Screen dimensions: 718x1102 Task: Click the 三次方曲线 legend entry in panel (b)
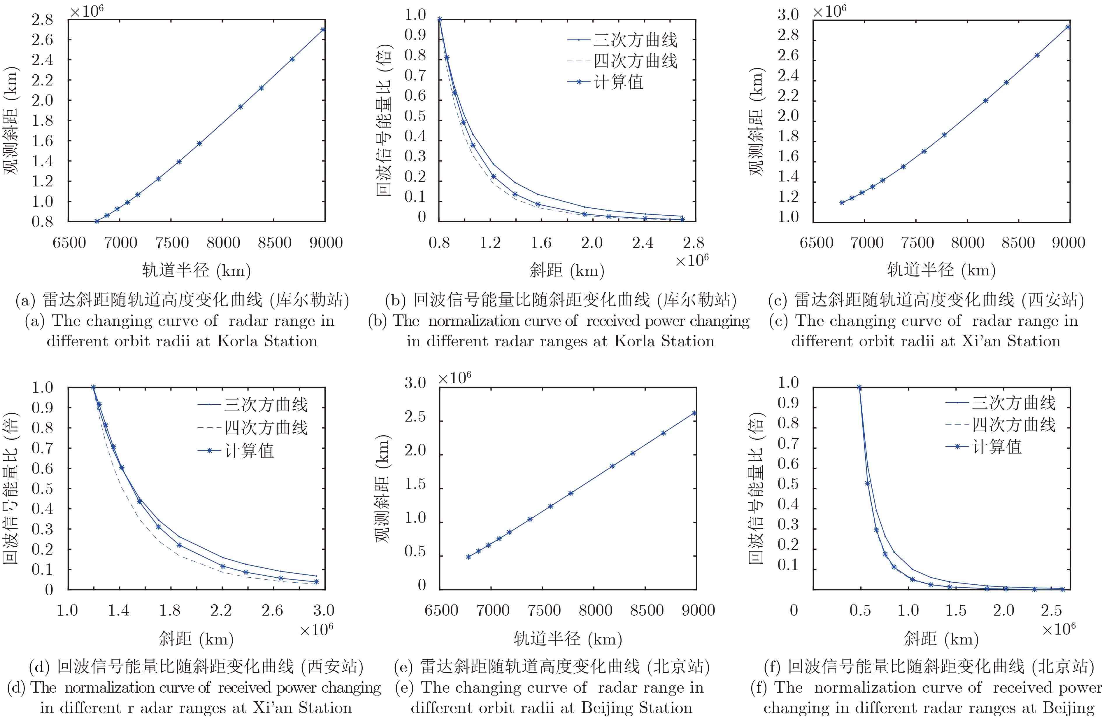pyautogui.click(x=635, y=40)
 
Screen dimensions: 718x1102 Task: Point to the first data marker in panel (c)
pyautogui.click(x=842, y=202)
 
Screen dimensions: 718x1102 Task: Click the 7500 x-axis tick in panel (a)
pyautogui.click(x=172, y=243)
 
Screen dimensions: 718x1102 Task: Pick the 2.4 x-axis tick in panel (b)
pyautogui.click(x=643, y=243)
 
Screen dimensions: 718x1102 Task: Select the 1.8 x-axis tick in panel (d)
pyautogui.click(x=170, y=610)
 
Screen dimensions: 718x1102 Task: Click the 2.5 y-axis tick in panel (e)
pyautogui.click(x=415, y=416)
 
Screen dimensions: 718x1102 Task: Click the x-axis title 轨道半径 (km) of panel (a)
pyautogui.click(x=196, y=270)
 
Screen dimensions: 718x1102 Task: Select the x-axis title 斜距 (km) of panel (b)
pyautogui.click(x=567, y=270)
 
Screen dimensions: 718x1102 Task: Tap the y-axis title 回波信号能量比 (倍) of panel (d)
pyautogui.click(x=11, y=487)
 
